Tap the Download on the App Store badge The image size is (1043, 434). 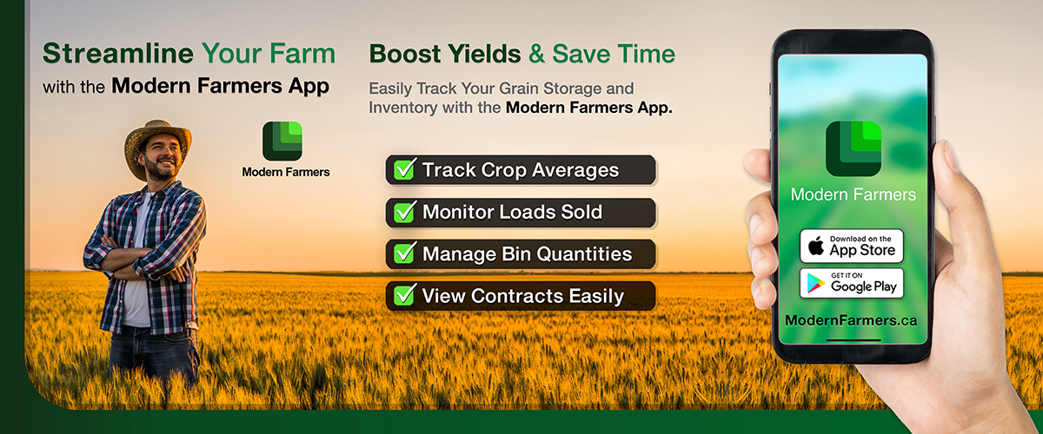point(852,246)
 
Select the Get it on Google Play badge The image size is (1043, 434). point(852,283)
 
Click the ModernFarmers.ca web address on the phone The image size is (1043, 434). point(851,320)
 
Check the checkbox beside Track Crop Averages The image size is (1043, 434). point(405,170)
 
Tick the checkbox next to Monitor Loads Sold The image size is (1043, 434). point(405,212)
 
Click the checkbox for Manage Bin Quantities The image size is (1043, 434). point(405,253)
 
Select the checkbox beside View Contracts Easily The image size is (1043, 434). point(405,295)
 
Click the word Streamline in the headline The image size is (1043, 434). point(118,54)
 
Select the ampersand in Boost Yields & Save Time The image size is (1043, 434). point(537,54)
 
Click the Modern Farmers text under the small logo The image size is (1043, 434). point(286,172)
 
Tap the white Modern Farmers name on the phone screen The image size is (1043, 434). point(853,194)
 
